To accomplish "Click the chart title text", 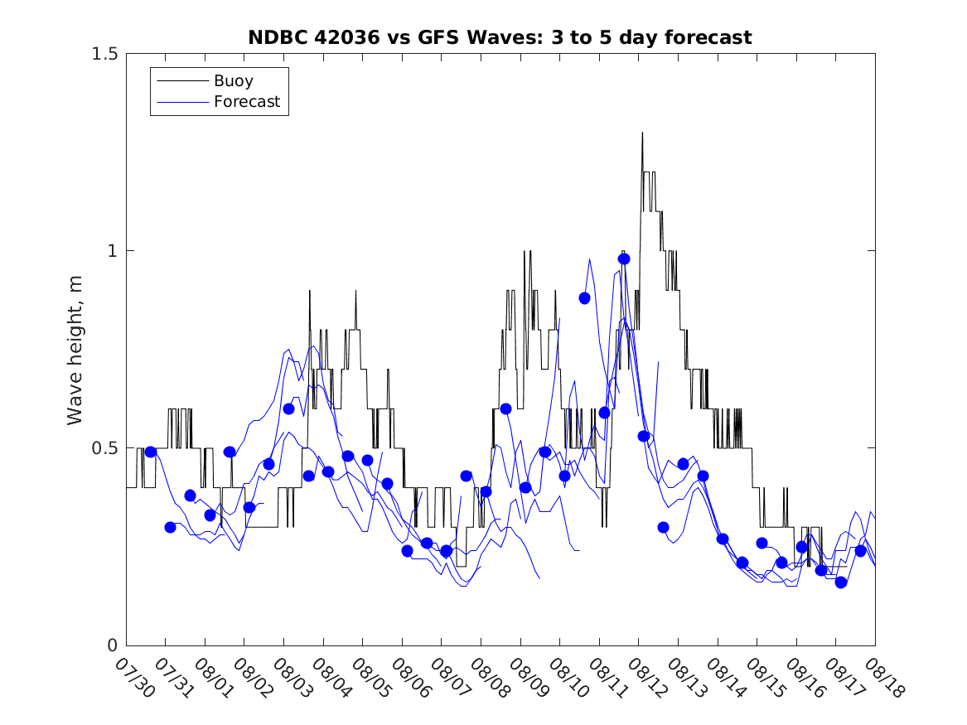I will point(500,37).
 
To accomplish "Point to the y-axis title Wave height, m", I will point(75,349).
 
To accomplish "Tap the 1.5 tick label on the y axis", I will point(104,54).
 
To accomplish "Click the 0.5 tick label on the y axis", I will point(104,448).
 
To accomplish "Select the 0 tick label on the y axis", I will point(112,645).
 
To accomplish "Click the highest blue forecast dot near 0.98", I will point(624,259).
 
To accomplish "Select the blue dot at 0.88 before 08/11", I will point(584,298).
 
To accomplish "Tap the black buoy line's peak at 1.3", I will point(642,133).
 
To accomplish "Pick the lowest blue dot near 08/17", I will point(841,582).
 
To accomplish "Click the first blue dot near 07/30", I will point(151,452).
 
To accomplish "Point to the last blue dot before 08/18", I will point(860,551).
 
